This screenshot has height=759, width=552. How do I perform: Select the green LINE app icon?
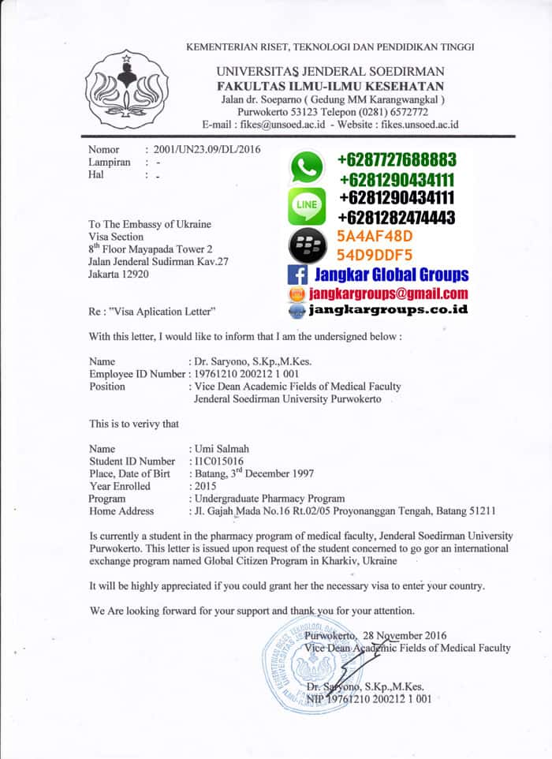(x=307, y=204)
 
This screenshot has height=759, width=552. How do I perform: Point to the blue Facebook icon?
(x=297, y=275)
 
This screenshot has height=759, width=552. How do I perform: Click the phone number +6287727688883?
(x=396, y=159)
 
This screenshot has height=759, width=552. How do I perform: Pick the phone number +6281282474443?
(x=397, y=217)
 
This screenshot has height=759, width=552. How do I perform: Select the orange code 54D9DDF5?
(x=375, y=255)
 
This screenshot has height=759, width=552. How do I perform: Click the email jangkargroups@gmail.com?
(x=388, y=294)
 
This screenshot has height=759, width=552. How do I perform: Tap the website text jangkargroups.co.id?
(x=388, y=309)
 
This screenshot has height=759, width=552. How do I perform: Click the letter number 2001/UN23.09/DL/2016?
(x=207, y=149)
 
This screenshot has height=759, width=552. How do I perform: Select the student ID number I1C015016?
(x=218, y=461)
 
